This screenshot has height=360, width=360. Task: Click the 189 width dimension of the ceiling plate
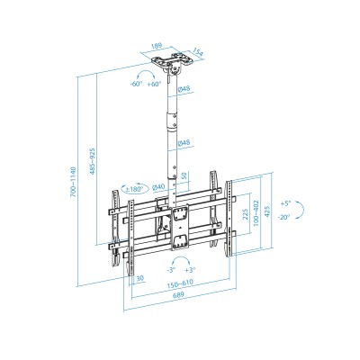(157, 42)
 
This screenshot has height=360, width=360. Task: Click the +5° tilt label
(285, 203)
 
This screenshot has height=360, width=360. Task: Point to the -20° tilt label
(285, 217)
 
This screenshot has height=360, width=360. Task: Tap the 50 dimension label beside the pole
(184, 176)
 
